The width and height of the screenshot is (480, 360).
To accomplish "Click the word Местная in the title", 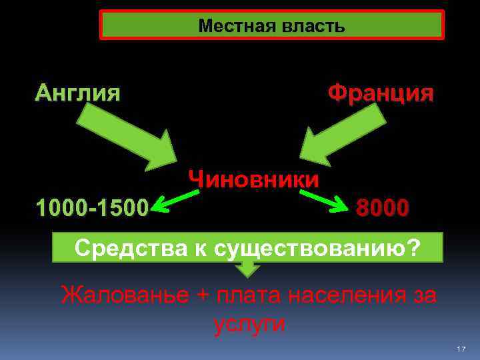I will (x=231, y=26).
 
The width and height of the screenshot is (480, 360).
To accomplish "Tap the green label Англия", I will (x=78, y=92).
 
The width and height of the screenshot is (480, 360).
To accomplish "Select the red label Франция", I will (x=381, y=93).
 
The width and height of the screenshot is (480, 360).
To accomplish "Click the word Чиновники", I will (x=254, y=179).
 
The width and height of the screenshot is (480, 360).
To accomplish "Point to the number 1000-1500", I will (x=93, y=208).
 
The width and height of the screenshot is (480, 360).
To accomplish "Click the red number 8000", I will (x=383, y=208).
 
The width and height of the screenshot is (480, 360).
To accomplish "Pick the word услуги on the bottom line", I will (x=249, y=324).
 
